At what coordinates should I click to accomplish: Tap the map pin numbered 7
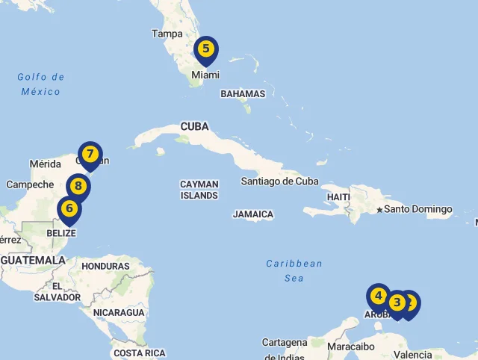tap(90, 155)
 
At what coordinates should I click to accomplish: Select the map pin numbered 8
tap(78, 186)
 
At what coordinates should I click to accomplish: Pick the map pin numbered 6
tap(69, 208)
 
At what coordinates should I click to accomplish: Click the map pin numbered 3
tap(397, 302)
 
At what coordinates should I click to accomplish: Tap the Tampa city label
tap(167, 34)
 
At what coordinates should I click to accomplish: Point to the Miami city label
tap(205, 75)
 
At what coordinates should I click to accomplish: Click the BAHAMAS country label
tap(243, 94)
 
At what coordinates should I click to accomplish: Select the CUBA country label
tap(194, 126)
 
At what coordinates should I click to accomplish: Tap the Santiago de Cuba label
tap(279, 181)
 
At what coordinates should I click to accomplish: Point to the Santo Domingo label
tap(418, 209)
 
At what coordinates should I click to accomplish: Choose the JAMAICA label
tap(252, 214)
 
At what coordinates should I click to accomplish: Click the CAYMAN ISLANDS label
tap(199, 190)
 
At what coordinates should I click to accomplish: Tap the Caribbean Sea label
tap(294, 270)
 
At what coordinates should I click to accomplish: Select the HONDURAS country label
tap(105, 266)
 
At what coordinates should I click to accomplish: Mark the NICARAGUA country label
tap(119, 312)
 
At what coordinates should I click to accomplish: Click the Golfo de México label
tap(40, 84)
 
